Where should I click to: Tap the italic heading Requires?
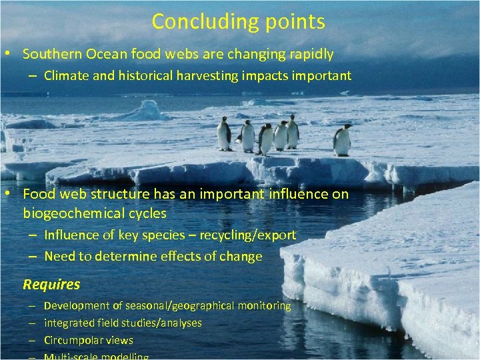(x=51, y=285)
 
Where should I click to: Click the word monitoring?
(x=265, y=305)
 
